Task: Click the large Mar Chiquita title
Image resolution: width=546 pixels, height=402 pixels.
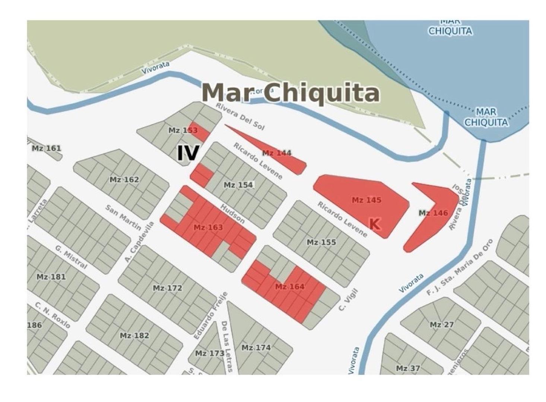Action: tap(291, 93)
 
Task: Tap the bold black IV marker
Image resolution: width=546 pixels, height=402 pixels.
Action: tap(188, 153)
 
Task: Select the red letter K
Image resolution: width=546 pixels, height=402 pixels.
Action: tap(374, 224)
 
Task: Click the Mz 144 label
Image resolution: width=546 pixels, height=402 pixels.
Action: tap(277, 153)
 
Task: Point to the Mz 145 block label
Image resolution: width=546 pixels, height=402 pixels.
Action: tap(366, 200)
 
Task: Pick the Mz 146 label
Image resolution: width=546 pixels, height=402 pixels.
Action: tap(433, 213)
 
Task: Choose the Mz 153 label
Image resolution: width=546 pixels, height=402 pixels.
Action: tap(183, 130)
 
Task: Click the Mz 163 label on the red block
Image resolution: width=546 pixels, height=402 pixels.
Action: tap(208, 227)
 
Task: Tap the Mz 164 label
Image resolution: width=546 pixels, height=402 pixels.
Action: tap(290, 286)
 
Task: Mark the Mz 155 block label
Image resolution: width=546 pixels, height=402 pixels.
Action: tap(321, 242)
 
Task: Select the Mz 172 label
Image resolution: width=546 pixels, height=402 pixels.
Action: tap(168, 288)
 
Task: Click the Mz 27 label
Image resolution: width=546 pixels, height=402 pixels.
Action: tap(442, 325)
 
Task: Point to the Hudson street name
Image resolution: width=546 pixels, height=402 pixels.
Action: tap(232, 213)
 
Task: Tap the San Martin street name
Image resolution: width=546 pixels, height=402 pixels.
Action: tap(123, 217)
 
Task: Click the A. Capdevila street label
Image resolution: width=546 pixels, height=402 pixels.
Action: tap(140, 242)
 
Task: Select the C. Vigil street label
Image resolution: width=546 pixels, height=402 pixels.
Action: tap(348, 300)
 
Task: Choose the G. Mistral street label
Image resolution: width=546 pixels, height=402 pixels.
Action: tap(71, 257)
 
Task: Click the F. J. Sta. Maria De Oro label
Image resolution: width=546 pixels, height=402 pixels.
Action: tap(460, 268)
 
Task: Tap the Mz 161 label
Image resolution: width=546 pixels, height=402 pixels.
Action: tap(46, 148)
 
